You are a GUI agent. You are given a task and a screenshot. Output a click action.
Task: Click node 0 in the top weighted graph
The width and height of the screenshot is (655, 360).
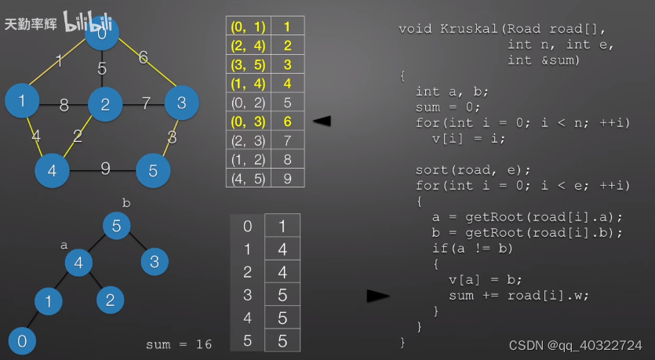pyautogui.click(x=102, y=35)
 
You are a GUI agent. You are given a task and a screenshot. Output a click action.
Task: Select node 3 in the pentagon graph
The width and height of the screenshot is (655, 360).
pyautogui.click(x=181, y=102)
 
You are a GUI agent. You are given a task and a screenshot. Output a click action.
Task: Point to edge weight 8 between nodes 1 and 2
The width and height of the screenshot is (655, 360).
pyautogui.click(x=64, y=103)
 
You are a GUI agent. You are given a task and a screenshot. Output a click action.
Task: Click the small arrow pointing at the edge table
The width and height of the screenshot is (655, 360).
pyautogui.click(x=321, y=121)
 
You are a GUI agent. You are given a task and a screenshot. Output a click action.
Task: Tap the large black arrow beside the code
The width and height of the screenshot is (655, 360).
pyautogui.click(x=378, y=296)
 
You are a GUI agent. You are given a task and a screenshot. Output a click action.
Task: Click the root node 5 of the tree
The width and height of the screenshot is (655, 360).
pyautogui.click(x=116, y=227)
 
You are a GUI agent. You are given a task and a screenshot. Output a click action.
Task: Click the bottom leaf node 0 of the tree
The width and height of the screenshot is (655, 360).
pyautogui.click(x=22, y=340)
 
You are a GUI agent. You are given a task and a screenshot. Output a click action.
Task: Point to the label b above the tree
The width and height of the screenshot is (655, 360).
pyautogui.click(x=126, y=203)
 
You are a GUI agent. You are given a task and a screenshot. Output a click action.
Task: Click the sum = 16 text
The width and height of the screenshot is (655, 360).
pyautogui.click(x=179, y=344)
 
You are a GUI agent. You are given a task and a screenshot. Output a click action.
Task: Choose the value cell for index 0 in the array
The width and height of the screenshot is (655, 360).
pyautogui.click(x=282, y=227)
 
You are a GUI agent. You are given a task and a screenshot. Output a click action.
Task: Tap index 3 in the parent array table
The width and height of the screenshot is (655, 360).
pyautogui.click(x=248, y=296)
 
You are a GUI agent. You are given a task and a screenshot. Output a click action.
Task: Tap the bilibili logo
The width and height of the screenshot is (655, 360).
pyautogui.click(x=86, y=22)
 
